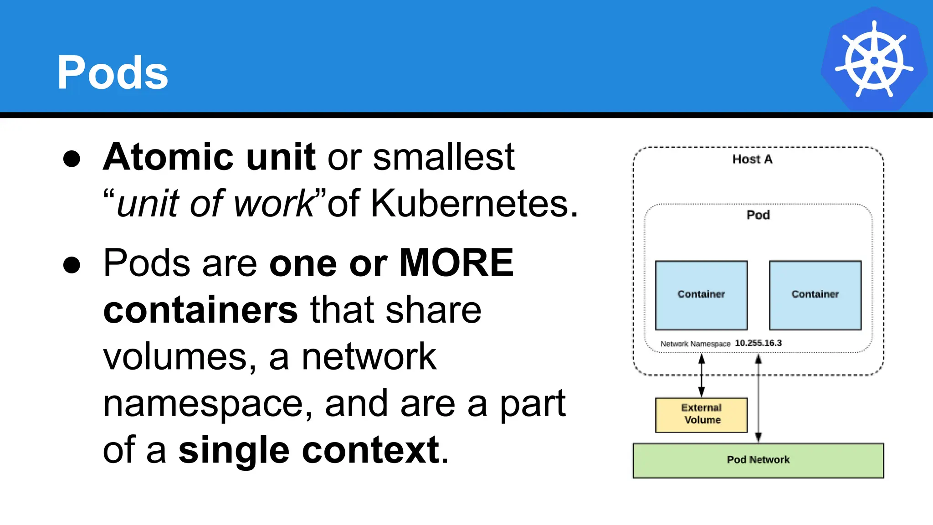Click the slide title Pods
113,73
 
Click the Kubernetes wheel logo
874,60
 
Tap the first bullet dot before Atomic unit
72,159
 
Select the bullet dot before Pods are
72,265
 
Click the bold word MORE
456,263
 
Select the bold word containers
200,310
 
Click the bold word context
371,450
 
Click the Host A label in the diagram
752,160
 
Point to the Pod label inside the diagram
758,215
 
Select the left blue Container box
701,295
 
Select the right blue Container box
815,295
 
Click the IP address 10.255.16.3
758,343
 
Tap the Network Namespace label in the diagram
695,344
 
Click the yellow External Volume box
701,414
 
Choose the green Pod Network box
758,460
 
